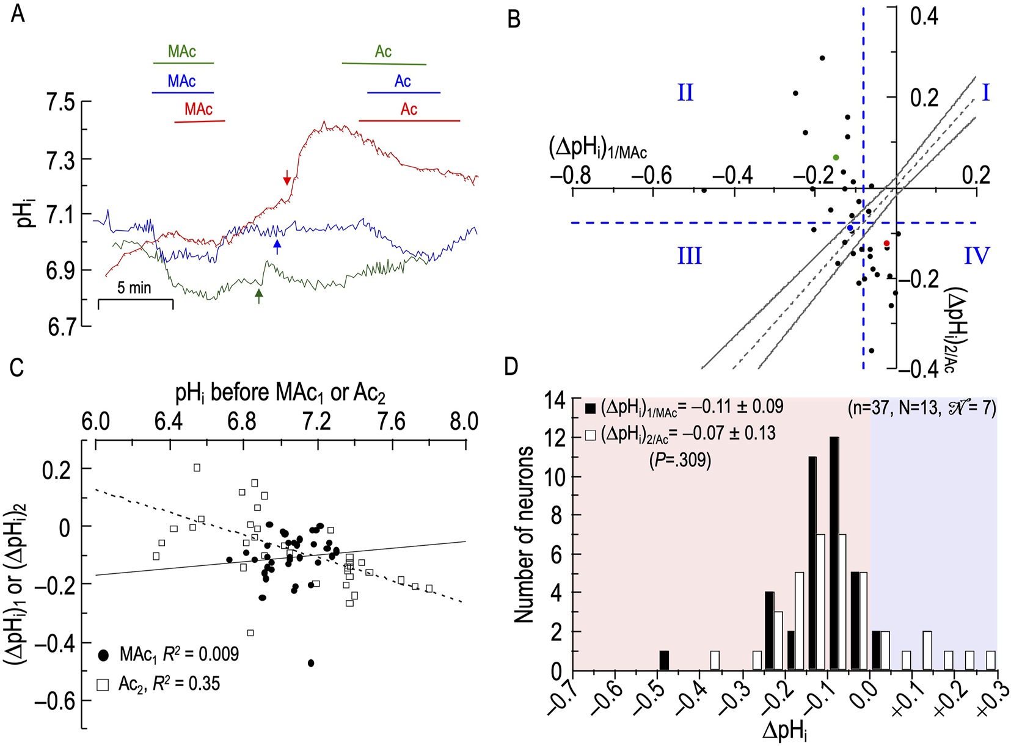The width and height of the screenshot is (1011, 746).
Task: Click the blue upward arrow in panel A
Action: [277, 247]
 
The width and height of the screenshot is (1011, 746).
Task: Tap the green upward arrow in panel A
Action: [259, 296]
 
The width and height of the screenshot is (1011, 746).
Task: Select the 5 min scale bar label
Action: [134, 288]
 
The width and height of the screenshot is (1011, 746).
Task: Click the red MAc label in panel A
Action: [199, 110]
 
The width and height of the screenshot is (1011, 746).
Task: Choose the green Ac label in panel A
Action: [383, 52]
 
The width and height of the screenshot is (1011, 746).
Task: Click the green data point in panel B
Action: [836, 158]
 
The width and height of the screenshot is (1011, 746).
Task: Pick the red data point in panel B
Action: [886, 244]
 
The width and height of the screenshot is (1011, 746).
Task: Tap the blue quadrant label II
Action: [685, 93]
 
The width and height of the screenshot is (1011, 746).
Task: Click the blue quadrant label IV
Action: [976, 256]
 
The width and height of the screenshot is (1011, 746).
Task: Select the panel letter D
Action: [511, 366]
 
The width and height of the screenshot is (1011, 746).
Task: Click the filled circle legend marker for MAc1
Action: [104, 655]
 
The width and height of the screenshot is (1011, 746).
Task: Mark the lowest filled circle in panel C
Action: [311, 663]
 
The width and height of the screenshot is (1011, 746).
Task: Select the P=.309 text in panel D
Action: [680, 460]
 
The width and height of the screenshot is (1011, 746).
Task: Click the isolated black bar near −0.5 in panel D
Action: [664, 661]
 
